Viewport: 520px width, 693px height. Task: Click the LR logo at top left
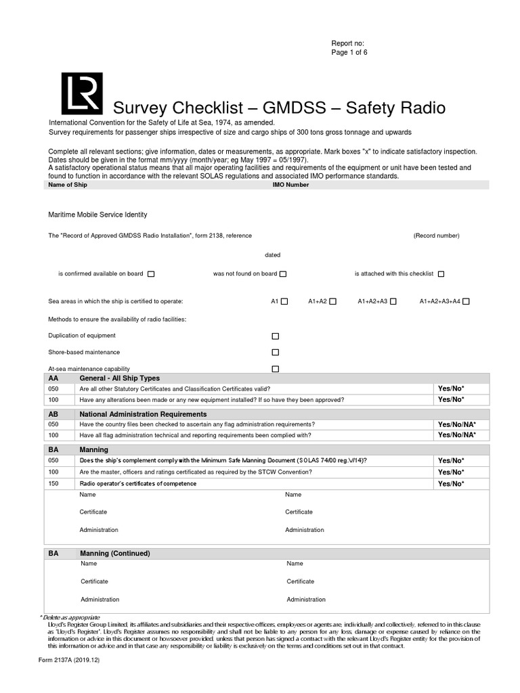pyautogui.click(x=82, y=93)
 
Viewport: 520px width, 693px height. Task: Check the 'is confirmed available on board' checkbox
pyautogui.click(x=151, y=274)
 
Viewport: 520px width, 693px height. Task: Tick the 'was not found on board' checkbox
pyautogui.click(x=283, y=274)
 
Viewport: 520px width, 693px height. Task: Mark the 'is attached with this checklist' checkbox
pyautogui.click(x=441, y=274)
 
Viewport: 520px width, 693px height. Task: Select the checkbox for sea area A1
pyautogui.click(x=284, y=302)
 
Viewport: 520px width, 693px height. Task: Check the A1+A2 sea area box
pyautogui.click(x=333, y=302)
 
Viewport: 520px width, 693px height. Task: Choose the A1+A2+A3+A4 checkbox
pyautogui.click(x=466, y=302)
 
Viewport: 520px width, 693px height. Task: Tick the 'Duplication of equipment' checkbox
pyautogui.click(x=275, y=336)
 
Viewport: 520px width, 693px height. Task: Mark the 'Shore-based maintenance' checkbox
pyautogui.click(x=275, y=353)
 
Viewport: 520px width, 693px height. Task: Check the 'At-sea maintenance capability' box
pyautogui.click(x=275, y=369)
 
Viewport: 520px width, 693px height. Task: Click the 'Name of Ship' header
pyautogui.click(x=66, y=185)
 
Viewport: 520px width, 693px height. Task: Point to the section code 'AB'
pyautogui.click(x=53, y=414)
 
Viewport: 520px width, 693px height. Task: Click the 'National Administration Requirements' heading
pyautogui.click(x=143, y=414)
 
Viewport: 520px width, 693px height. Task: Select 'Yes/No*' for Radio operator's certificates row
pyautogui.click(x=451, y=484)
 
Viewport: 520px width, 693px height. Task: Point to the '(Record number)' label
pyautogui.click(x=437, y=236)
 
